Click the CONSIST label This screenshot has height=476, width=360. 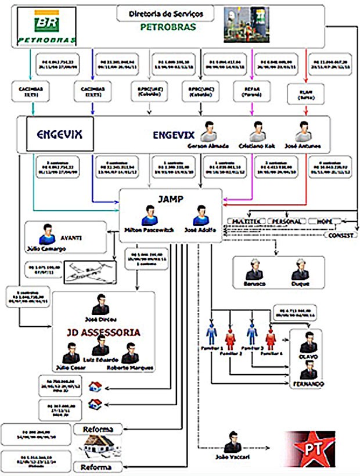pyautogui.click(x=339, y=235)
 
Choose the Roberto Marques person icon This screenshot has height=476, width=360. pyautogui.click(x=130, y=353)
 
